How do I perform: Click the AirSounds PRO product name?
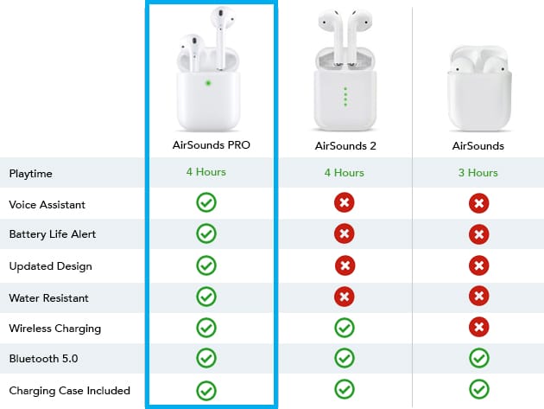click(212, 144)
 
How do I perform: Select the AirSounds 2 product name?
click(345, 145)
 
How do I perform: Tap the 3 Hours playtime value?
click(478, 172)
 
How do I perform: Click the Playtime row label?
click(31, 174)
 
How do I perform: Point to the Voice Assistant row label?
click(47, 204)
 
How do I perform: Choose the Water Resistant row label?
click(49, 297)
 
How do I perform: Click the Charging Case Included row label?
click(70, 391)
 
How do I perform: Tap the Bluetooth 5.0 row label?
click(44, 358)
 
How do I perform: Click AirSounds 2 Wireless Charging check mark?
click(345, 328)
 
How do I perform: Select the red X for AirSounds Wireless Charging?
click(478, 327)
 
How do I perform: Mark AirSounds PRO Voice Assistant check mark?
click(206, 202)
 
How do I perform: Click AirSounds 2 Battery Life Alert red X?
click(345, 233)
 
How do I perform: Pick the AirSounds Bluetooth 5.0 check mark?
click(479, 358)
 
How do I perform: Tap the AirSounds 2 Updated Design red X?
click(345, 265)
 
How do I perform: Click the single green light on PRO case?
click(208, 83)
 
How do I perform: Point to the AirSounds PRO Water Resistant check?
click(206, 297)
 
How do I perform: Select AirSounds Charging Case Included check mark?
click(479, 389)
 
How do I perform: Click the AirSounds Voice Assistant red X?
click(478, 203)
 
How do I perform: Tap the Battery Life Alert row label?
click(53, 233)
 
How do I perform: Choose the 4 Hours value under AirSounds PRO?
click(206, 172)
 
